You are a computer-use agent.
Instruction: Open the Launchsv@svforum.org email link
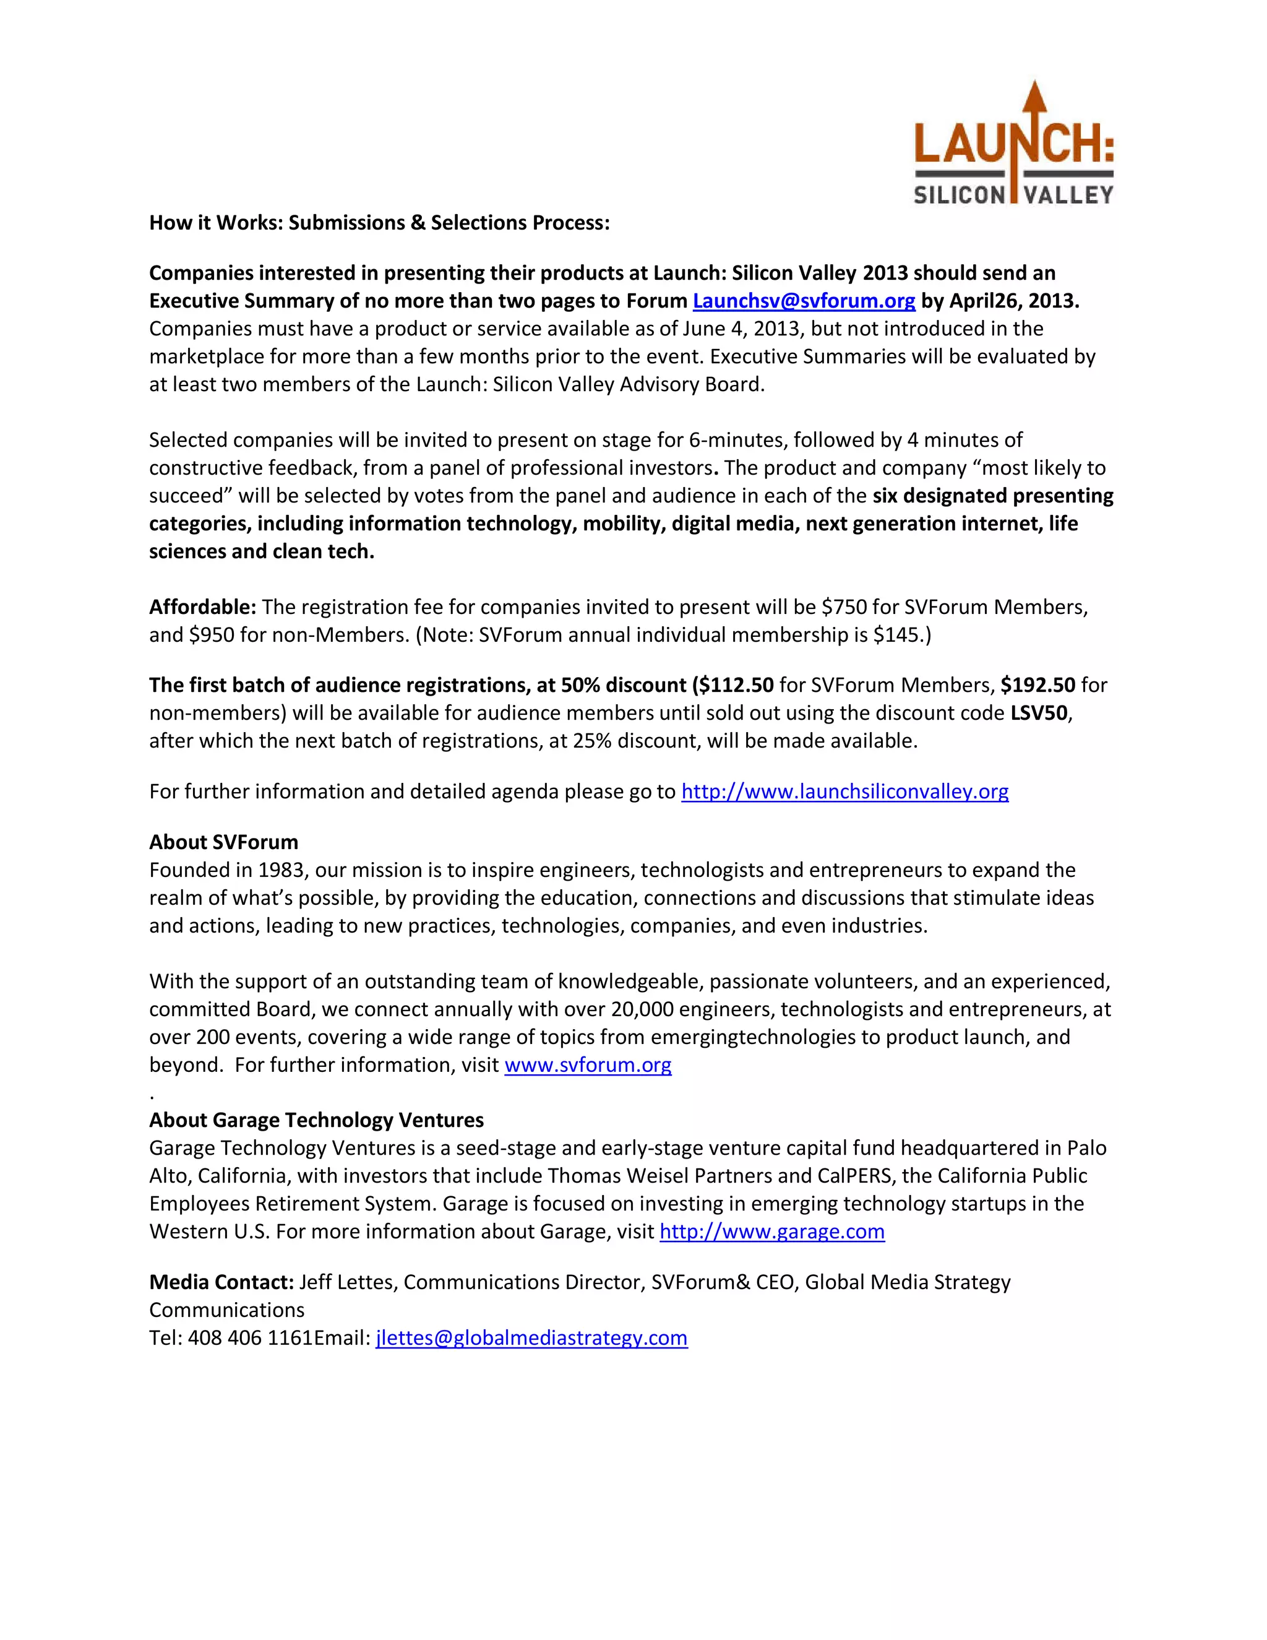tap(803, 301)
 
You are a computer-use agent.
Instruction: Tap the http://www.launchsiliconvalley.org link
tap(844, 792)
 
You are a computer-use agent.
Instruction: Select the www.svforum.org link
tap(588, 1065)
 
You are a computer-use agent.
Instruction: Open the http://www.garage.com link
tap(771, 1232)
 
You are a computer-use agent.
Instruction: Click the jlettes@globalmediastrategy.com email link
tap(531, 1337)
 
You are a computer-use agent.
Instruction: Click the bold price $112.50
tap(736, 685)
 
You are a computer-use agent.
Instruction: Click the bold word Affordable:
tap(203, 606)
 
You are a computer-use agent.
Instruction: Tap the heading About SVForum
tap(224, 842)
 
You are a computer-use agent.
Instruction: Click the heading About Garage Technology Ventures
tap(316, 1120)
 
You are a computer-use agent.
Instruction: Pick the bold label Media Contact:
tap(221, 1282)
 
